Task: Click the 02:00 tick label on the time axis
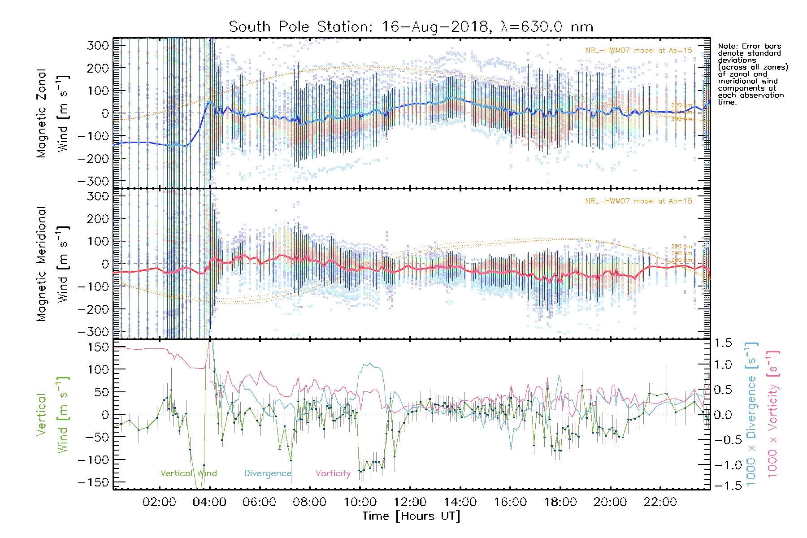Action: click(x=159, y=502)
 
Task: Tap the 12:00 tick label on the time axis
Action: click(x=410, y=502)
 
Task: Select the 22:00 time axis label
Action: click(x=660, y=502)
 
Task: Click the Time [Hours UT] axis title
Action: click(x=411, y=516)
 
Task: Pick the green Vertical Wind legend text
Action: click(x=188, y=473)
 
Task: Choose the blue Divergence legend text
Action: click(x=268, y=473)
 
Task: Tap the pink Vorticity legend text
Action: click(x=333, y=473)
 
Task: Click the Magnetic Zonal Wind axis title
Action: click(x=52, y=113)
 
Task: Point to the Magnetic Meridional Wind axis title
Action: click(x=52, y=264)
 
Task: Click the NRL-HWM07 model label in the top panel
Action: click(x=638, y=51)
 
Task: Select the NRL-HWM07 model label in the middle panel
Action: click(x=638, y=201)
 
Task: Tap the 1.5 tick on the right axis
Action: click(x=723, y=343)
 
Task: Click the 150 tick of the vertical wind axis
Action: click(x=98, y=347)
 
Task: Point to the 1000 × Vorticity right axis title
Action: click(x=772, y=413)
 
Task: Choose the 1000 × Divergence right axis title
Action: click(x=751, y=413)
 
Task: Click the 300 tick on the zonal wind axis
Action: click(x=98, y=46)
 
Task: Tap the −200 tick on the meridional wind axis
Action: click(x=94, y=309)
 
